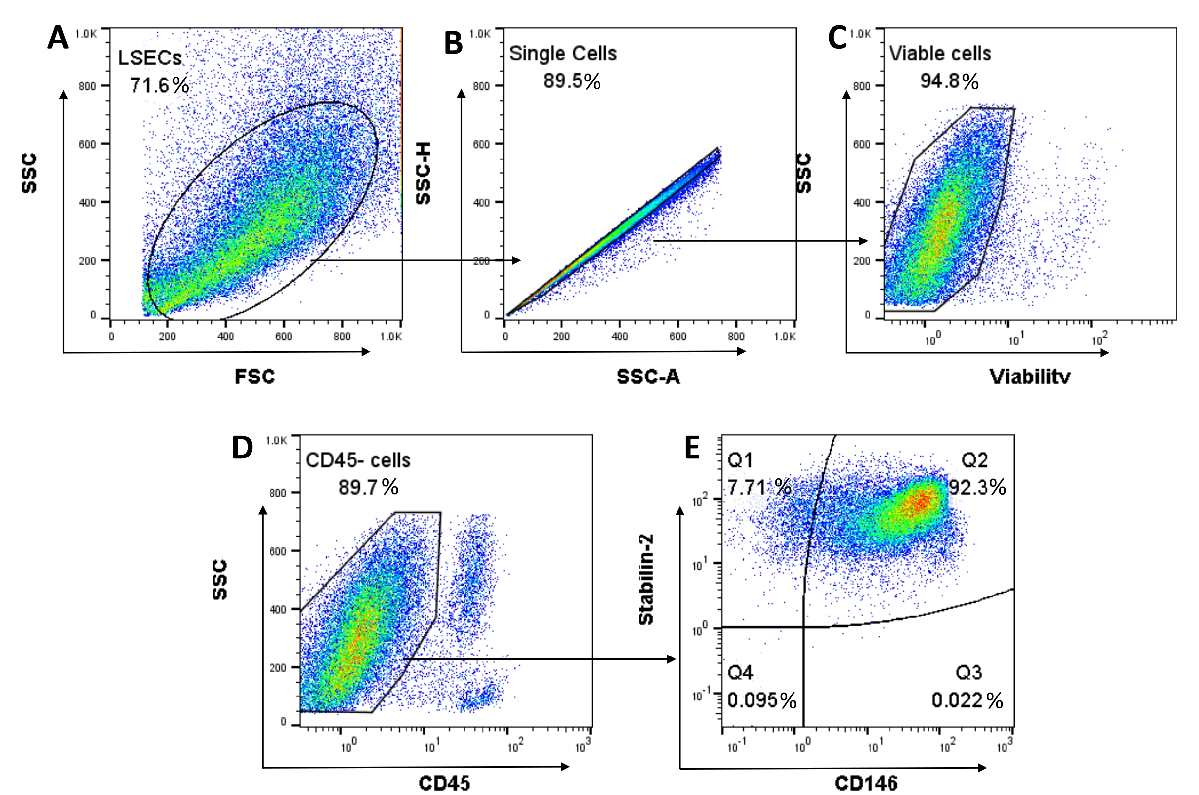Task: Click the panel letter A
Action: [x=58, y=38]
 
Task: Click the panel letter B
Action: [x=453, y=43]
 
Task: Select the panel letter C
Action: [x=837, y=38]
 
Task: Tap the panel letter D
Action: [x=242, y=448]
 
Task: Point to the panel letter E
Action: [x=692, y=447]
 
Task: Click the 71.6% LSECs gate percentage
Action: [x=159, y=85]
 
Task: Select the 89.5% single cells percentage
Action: [x=572, y=81]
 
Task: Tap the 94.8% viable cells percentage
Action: [x=949, y=81]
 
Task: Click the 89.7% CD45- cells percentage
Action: [x=368, y=487]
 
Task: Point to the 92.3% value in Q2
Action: [x=977, y=487]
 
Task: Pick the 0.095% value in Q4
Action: [x=761, y=700]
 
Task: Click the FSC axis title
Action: [x=255, y=377]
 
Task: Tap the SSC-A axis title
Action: [x=648, y=377]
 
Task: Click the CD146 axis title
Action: [x=866, y=784]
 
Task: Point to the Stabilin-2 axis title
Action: [x=646, y=579]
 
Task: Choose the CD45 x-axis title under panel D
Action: [x=444, y=784]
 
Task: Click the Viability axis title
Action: [x=1030, y=377]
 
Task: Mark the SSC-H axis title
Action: [x=424, y=174]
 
